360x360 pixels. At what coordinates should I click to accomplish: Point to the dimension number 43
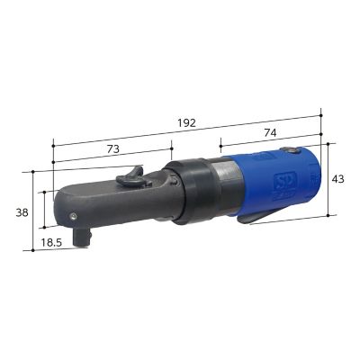[337, 179]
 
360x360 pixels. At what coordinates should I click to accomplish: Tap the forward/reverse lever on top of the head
[133, 174]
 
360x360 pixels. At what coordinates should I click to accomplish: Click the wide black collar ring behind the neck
[192, 190]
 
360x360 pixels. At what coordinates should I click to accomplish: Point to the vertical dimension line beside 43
[328, 179]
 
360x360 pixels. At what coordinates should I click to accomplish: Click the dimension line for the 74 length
[270, 142]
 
